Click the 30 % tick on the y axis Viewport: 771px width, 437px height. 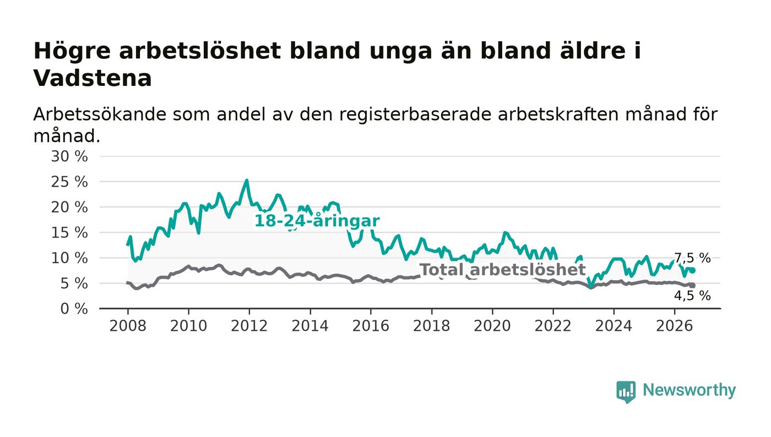coord(69,156)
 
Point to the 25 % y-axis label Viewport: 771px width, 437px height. coord(69,182)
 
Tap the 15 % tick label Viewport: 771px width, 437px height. coord(69,233)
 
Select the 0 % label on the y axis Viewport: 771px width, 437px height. coord(74,309)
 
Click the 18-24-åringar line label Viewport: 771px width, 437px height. coord(317,221)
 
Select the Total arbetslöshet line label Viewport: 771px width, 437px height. coord(502,270)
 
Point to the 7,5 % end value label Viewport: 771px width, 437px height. coord(692,258)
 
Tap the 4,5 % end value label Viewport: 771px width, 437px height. coord(692,296)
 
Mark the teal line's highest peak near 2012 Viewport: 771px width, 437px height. coord(247,180)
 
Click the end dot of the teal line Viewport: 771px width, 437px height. coord(693,271)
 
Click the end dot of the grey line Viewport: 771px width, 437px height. coord(693,286)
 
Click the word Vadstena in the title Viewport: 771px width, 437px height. coord(93,79)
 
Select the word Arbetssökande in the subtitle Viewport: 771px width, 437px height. coord(100,115)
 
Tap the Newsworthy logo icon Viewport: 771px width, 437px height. coord(626,391)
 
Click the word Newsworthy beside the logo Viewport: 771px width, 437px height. coord(689,390)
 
